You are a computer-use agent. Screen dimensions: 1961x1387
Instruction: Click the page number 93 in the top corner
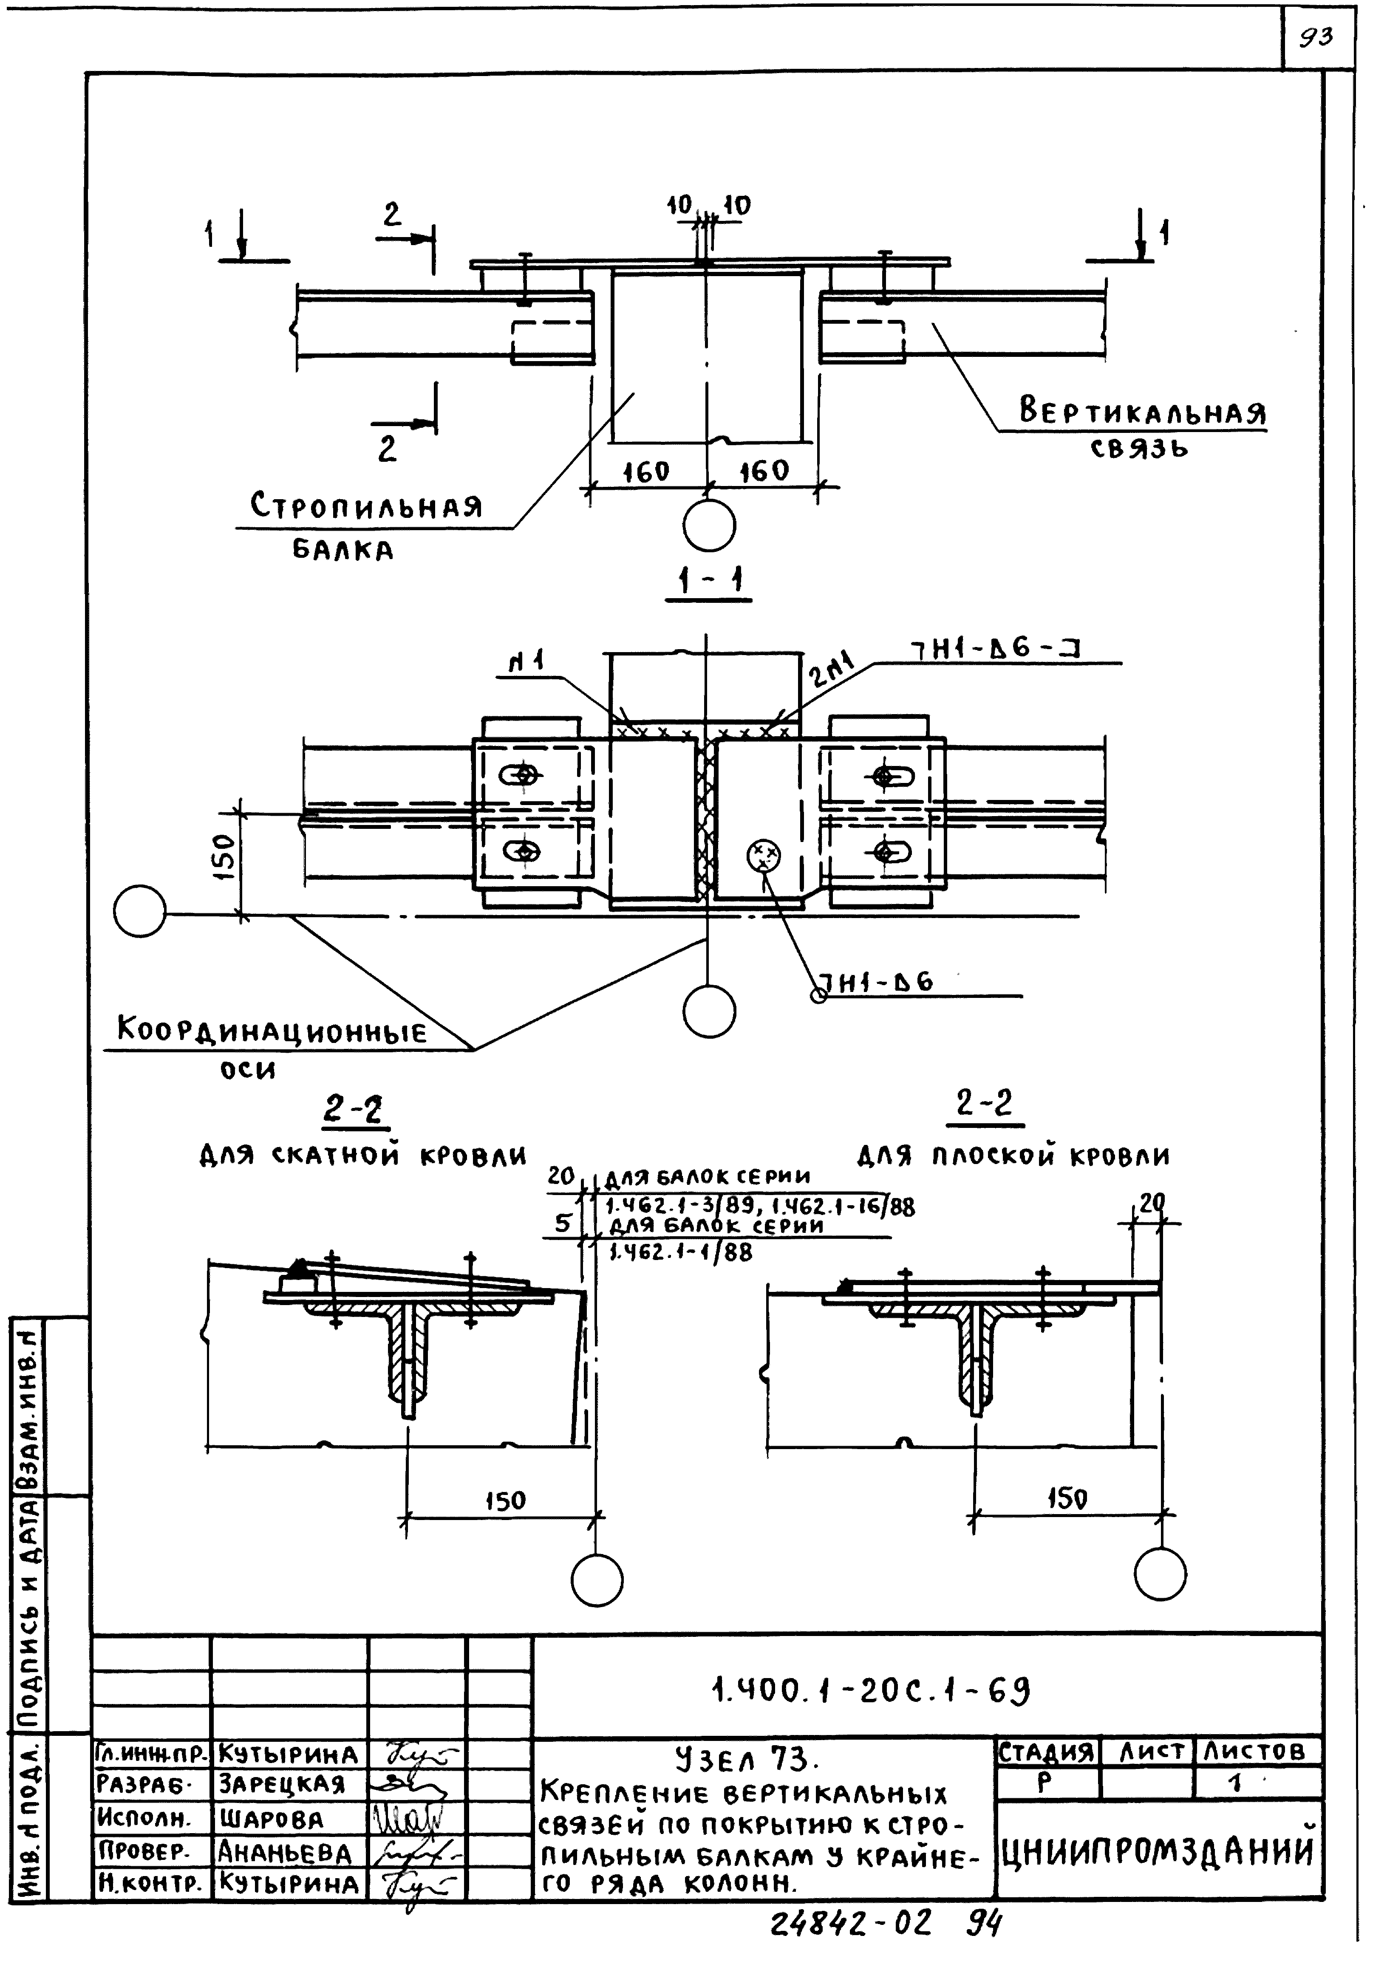coord(1315,37)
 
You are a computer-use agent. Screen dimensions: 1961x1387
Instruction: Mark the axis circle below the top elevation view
coord(709,525)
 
